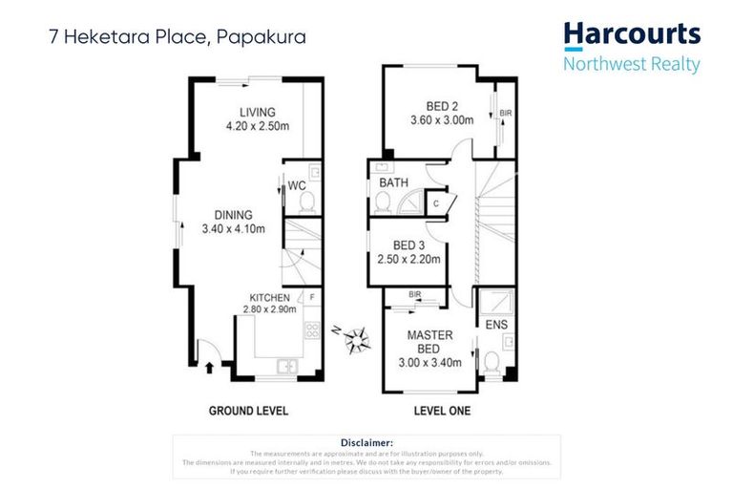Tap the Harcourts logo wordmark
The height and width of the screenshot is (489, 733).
pos(632,35)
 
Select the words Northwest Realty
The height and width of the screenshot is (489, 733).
pos(632,65)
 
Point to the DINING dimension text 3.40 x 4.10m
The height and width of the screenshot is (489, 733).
pos(233,229)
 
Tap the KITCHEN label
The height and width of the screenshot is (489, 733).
pos(269,297)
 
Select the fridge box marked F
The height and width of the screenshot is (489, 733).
pos(311,298)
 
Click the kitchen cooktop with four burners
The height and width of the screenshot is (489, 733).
pos(311,332)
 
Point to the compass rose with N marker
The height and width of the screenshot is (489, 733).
pos(359,336)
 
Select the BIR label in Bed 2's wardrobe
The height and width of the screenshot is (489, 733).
pos(505,114)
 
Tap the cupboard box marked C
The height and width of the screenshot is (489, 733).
pos(435,202)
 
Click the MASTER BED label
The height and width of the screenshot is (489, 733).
pos(430,342)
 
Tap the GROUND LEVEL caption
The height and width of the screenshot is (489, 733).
pos(248,412)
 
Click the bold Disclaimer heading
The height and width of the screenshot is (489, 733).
pos(366,442)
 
